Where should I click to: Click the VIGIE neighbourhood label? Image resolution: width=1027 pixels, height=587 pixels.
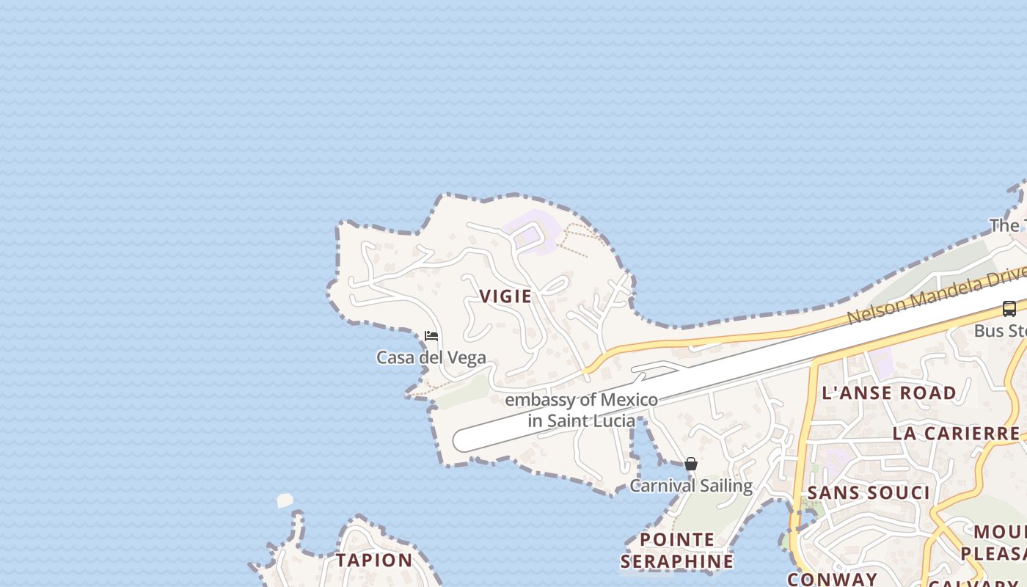pyautogui.click(x=505, y=296)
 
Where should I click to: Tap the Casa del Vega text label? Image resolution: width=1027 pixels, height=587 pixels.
pyautogui.click(x=431, y=358)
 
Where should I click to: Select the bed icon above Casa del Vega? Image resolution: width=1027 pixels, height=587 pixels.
pyautogui.click(x=431, y=336)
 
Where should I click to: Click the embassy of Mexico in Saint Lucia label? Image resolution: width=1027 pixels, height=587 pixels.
pyautogui.click(x=581, y=410)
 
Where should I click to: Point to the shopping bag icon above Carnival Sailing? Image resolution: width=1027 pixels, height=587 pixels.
pyautogui.click(x=690, y=464)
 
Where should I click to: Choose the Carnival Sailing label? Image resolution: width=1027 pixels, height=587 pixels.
pyautogui.click(x=691, y=486)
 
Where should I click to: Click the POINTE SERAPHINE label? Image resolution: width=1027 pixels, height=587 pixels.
pyautogui.click(x=676, y=550)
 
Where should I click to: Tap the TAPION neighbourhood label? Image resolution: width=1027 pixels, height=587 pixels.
pyautogui.click(x=374, y=560)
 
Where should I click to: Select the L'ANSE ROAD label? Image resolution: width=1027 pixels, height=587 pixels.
pyautogui.click(x=889, y=393)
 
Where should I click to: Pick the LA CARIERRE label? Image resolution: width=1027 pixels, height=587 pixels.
pyautogui.click(x=956, y=433)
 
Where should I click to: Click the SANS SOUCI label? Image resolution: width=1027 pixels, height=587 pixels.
pyautogui.click(x=868, y=492)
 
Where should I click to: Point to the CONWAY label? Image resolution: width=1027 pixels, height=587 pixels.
pyautogui.click(x=832, y=579)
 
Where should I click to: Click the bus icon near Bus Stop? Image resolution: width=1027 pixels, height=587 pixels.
pyautogui.click(x=1009, y=309)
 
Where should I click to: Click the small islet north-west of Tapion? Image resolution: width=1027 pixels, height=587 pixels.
pyautogui.click(x=285, y=500)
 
